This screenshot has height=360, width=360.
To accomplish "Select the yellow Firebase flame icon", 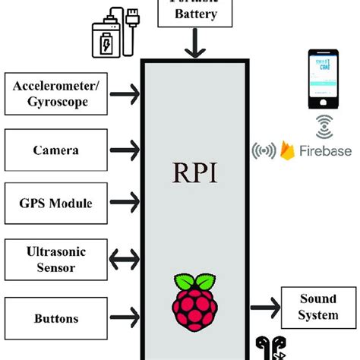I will pos(288,150).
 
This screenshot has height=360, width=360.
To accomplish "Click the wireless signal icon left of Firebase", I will pos(264,150).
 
